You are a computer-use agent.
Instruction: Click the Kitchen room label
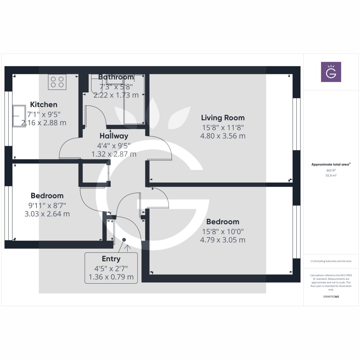pos(43,105)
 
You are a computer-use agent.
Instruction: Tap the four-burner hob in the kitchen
pos(57,82)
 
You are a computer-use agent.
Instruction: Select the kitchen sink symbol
pos(19,116)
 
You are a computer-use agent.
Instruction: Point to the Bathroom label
pos(116,77)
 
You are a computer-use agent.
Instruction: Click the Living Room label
pos(223,118)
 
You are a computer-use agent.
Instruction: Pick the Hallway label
pos(114,136)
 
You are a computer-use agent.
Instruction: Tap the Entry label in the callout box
pos(111,259)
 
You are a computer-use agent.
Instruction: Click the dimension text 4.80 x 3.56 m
pos(223,136)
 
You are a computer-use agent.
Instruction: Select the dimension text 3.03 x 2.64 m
pos(47,214)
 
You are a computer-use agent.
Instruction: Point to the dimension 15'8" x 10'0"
pos(223,232)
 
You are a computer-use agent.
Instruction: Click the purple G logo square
pos(331,72)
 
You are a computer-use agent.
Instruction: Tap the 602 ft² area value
pos(331,170)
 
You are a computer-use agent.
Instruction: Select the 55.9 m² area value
pos(331,175)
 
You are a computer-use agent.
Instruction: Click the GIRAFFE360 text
pos(331,297)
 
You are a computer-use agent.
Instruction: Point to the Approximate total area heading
pos(331,164)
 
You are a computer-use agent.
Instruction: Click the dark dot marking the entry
pos(124,240)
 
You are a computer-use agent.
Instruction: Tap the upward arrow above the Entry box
pos(127,248)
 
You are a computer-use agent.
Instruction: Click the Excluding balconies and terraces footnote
pos(331,261)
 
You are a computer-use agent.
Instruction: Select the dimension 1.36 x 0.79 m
pos(111,277)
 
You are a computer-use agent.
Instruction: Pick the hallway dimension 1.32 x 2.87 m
pos(114,154)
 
